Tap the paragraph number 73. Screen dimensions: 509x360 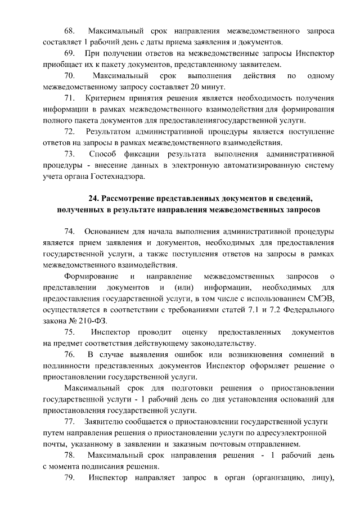click(x=70, y=154)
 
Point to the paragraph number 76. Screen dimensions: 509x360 click(x=70, y=354)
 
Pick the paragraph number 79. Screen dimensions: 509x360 click(x=70, y=479)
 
